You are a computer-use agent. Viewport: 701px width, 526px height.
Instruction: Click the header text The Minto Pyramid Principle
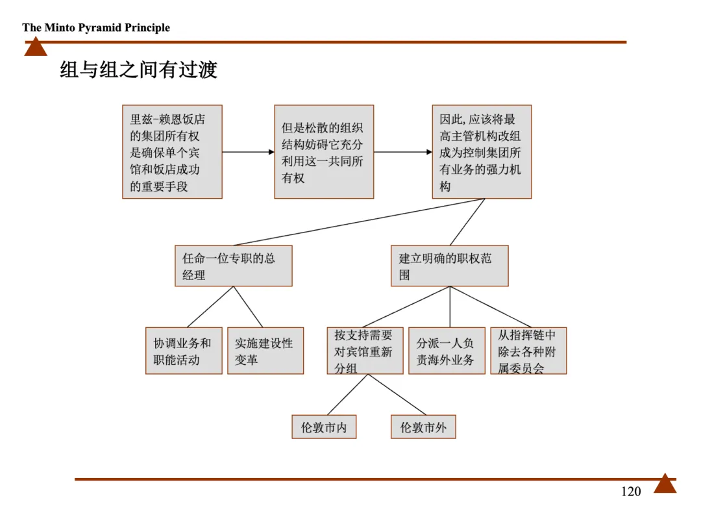pyautogui.click(x=96, y=27)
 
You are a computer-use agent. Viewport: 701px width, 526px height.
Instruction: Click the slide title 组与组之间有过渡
pyautogui.click(x=138, y=69)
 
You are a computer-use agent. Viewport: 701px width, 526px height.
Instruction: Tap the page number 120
pyautogui.click(x=630, y=492)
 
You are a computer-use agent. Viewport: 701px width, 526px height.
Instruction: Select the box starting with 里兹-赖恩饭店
pyautogui.click(x=172, y=152)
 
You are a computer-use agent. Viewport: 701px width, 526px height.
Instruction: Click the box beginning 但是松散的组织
pyautogui.click(x=324, y=152)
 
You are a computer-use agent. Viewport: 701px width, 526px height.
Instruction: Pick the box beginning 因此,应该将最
pyautogui.click(x=482, y=152)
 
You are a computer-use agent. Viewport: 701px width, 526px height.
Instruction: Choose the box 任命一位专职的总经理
pyautogui.click(x=233, y=266)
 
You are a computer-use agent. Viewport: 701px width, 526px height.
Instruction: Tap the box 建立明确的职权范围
pyautogui.click(x=449, y=266)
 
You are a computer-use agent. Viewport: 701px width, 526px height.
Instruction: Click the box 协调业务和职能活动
pyautogui.click(x=184, y=351)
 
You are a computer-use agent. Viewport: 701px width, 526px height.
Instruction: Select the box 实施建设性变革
pyautogui.click(x=265, y=351)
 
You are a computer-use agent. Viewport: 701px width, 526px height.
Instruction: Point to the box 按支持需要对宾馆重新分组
pyautogui.click(x=365, y=351)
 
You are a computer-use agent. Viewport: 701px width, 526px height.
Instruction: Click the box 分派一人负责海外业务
pyautogui.click(x=447, y=351)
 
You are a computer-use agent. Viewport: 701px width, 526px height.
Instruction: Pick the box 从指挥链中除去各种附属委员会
pyautogui.click(x=528, y=351)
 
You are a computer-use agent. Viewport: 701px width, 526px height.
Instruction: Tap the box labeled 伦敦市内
pyautogui.click(x=324, y=427)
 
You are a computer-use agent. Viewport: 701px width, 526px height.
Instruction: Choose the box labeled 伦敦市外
pyautogui.click(x=423, y=427)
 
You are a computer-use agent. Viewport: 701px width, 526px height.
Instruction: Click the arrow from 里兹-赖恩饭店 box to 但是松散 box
pyautogui.click(x=248, y=152)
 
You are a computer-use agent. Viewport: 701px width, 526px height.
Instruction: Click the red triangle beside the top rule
pyautogui.click(x=36, y=47)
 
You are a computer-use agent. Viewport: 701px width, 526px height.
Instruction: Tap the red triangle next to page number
pyautogui.click(x=665, y=484)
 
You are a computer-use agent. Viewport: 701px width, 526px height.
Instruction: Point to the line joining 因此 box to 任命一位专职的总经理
pyautogui.click(x=357, y=222)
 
